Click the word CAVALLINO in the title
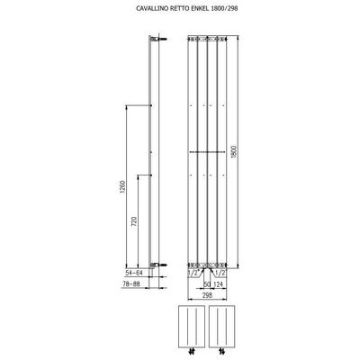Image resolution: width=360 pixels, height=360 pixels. [140, 12]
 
